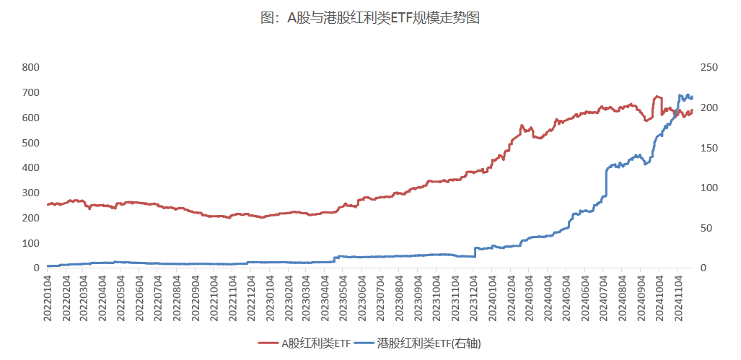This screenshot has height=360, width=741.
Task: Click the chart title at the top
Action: (369, 18)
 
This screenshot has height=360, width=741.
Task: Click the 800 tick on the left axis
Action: (30, 68)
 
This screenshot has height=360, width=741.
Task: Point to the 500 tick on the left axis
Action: (30, 143)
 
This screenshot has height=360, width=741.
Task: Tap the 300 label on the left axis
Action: (30, 193)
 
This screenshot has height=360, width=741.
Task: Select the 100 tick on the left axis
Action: (30, 243)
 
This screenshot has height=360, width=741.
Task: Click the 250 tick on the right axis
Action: (709, 68)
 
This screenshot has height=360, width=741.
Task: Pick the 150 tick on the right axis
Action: (709, 148)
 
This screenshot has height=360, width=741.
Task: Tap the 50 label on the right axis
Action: (707, 228)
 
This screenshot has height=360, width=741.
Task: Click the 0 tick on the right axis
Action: (704, 268)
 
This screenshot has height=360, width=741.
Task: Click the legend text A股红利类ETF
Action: (316, 343)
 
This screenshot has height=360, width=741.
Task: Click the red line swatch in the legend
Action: (268, 343)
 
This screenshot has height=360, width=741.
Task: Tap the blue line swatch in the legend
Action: (365, 343)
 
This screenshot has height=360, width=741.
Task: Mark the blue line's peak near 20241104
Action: (680, 95)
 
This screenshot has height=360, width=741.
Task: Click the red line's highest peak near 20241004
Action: (657, 96)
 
